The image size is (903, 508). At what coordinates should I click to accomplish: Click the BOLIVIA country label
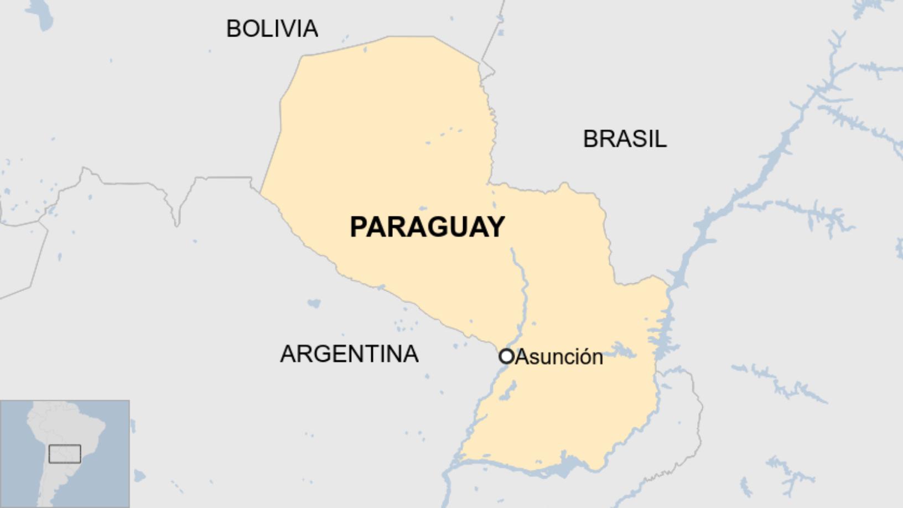tap(272, 29)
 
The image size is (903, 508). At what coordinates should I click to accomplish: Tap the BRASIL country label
tap(625, 139)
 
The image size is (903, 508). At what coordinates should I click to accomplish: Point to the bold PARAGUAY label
tap(427, 227)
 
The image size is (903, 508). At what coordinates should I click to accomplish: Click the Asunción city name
tap(559, 357)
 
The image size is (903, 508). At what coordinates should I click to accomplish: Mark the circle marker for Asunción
tap(506, 356)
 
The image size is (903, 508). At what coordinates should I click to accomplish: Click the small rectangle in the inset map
tap(65, 454)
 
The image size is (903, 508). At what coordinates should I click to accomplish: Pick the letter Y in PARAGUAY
tap(495, 227)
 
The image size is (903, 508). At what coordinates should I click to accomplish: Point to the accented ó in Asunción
tap(582, 357)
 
